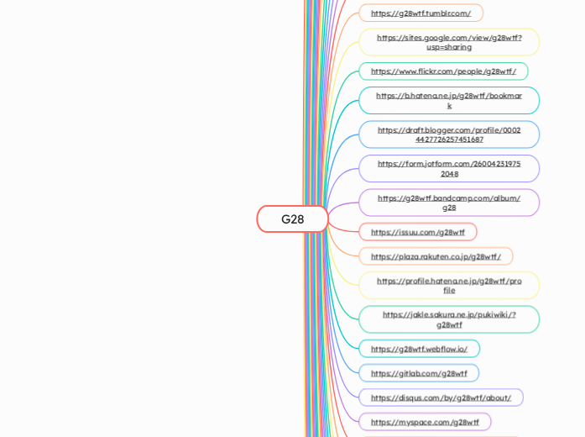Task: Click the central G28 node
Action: pyautogui.click(x=292, y=219)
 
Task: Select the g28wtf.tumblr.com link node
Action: pyautogui.click(x=420, y=13)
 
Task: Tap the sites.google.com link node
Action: pyautogui.click(x=449, y=42)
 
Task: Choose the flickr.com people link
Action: pyautogui.click(x=443, y=71)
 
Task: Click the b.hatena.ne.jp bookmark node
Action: pyautogui.click(x=449, y=101)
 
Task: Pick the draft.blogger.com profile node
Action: pyautogui.click(x=449, y=134)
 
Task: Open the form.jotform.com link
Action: pyautogui.click(x=449, y=169)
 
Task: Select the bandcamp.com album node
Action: pyautogui.click(x=449, y=203)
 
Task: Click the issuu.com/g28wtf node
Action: pyautogui.click(x=418, y=232)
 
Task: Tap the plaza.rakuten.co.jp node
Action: pyautogui.click(x=436, y=256)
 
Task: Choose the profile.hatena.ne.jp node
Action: pyautogui.click(x=449, y=286)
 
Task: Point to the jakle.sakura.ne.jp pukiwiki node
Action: pyautogui.click(x=449, y=319)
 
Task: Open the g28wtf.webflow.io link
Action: pyautogui.click(x=419, y=349)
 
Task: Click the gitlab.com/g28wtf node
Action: pyautogui.click(x=419, y=373)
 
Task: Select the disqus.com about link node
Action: pyautogui.click(x=441, y=398)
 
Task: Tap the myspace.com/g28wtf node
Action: pyautogui.click(x=425, y=422)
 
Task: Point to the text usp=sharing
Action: pyautogui.click(x=449, y=47)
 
